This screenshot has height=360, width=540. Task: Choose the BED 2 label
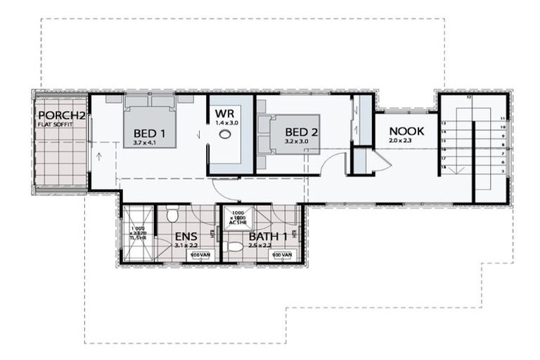pyautogui.click(x=296, y=132)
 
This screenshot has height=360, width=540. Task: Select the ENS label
pyautogui.click(x=185, y=237)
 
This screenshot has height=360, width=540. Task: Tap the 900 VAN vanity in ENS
pyautogui.click(x=200, y=254)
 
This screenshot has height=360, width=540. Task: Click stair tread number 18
pyautogui.click(x=444, y=168)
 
